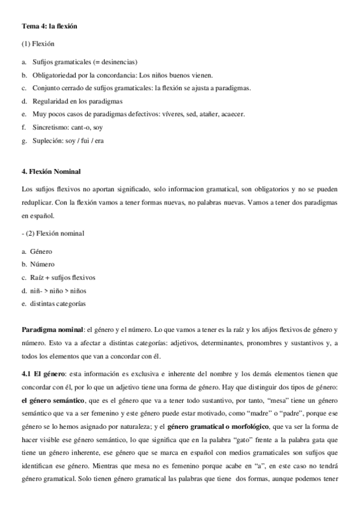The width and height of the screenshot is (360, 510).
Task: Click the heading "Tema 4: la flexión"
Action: click(49, 26)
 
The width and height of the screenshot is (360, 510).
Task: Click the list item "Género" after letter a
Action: click(41, 251)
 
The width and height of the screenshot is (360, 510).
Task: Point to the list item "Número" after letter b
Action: click(43, 264)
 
